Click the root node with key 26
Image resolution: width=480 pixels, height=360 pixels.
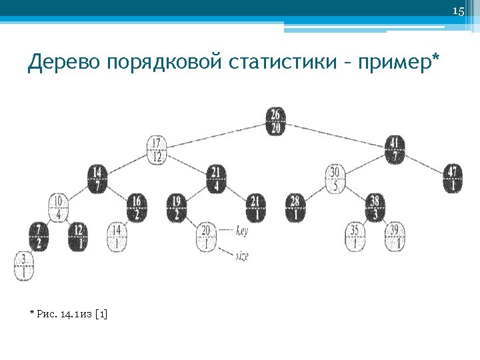point(275,121)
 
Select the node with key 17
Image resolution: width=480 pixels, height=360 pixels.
point(157,150)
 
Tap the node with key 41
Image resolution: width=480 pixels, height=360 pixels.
point(395,150)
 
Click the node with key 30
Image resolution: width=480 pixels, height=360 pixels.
point(336,179)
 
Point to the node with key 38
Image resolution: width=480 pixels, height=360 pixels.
point(375,207)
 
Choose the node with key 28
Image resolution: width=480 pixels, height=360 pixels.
point(296,207)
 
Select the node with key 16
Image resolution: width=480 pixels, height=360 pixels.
point(136,207)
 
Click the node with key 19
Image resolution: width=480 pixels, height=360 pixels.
point(177,207)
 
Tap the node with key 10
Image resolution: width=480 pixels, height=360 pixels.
point(58,207)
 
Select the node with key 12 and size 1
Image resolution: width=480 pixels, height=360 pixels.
point(78,236)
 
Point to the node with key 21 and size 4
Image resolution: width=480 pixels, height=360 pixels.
point(216,179)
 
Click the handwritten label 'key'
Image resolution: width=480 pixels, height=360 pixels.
point(243,231)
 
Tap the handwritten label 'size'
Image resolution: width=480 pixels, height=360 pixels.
point(243,255)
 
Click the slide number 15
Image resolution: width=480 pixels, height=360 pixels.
point(458,11)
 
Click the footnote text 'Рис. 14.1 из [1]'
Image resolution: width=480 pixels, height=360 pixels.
point(71,313)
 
